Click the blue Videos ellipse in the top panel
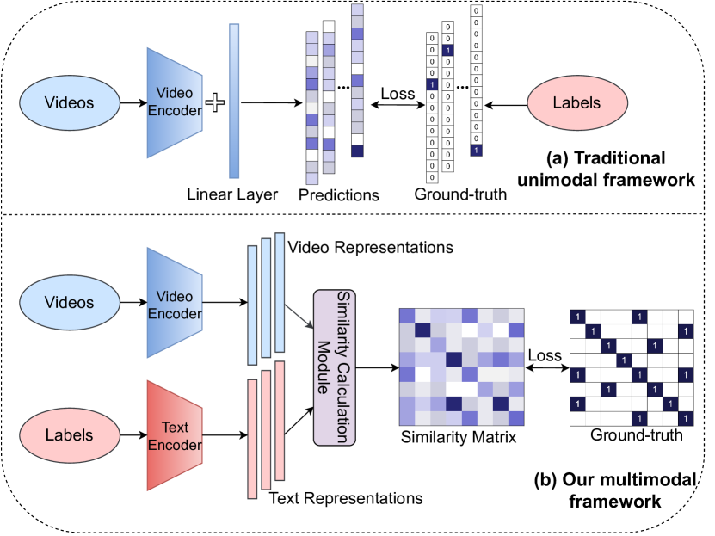point(68,103)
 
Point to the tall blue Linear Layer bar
point(233,101)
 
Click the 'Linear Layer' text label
point(232,194)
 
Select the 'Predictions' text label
point(339,195)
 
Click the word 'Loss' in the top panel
point(398,94)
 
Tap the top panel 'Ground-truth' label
point(460,194)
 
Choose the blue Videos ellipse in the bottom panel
point(68,304)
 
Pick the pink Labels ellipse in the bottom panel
point(68,435)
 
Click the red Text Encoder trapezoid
point(176,435)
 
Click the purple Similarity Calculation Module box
point(335,367)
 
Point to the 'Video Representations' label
point(370,248)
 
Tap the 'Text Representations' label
point(346,498)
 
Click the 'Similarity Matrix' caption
point(458,439)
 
